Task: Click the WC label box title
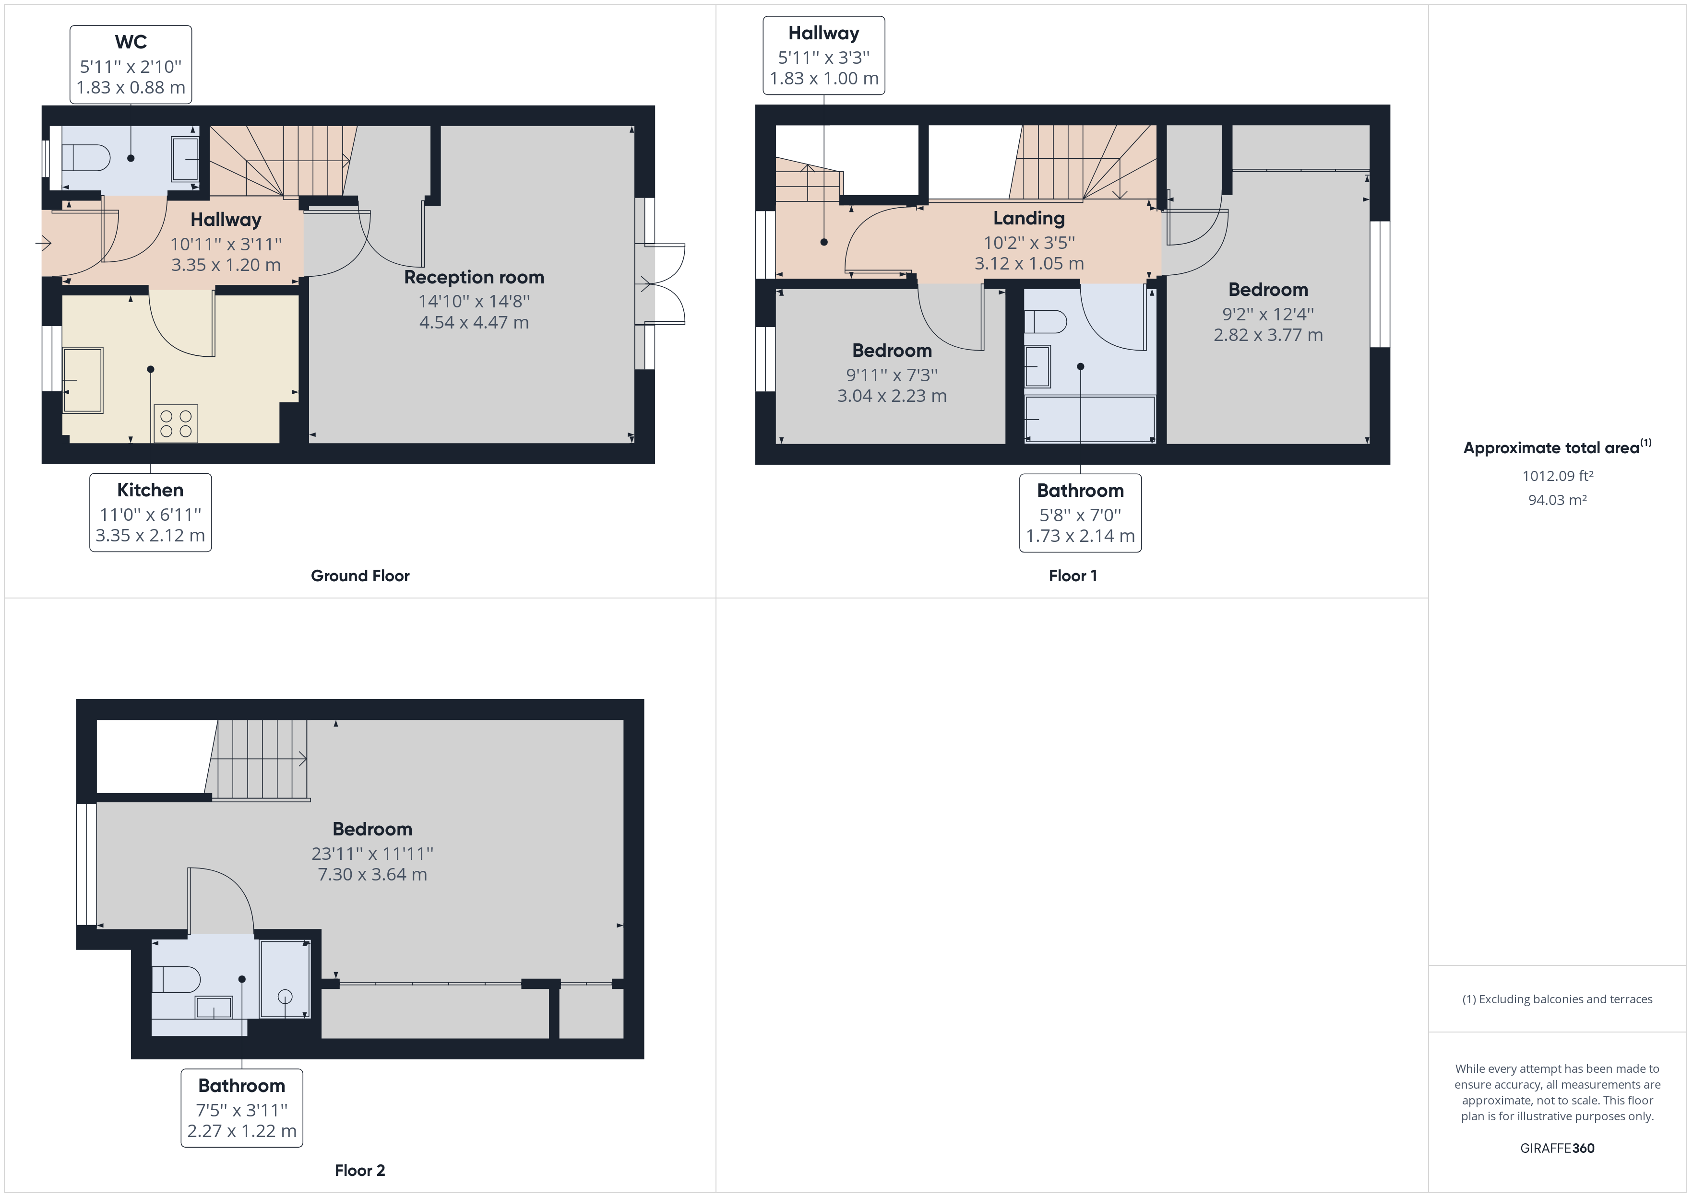click(131, 42)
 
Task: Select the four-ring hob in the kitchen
click(176, 424)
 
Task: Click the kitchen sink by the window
click(83, 380)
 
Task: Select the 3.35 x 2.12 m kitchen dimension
click(150, 536)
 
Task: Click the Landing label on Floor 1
click(1029, 218)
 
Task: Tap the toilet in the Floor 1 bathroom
click(1046, 322)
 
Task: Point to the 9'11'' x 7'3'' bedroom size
click(892, 375)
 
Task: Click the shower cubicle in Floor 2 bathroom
click(285, 979)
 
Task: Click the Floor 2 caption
click(360, 1171)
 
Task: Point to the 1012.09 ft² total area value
click(1557, 476)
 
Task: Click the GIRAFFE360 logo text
click(1557, 1149)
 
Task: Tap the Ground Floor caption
click(360, 575)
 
